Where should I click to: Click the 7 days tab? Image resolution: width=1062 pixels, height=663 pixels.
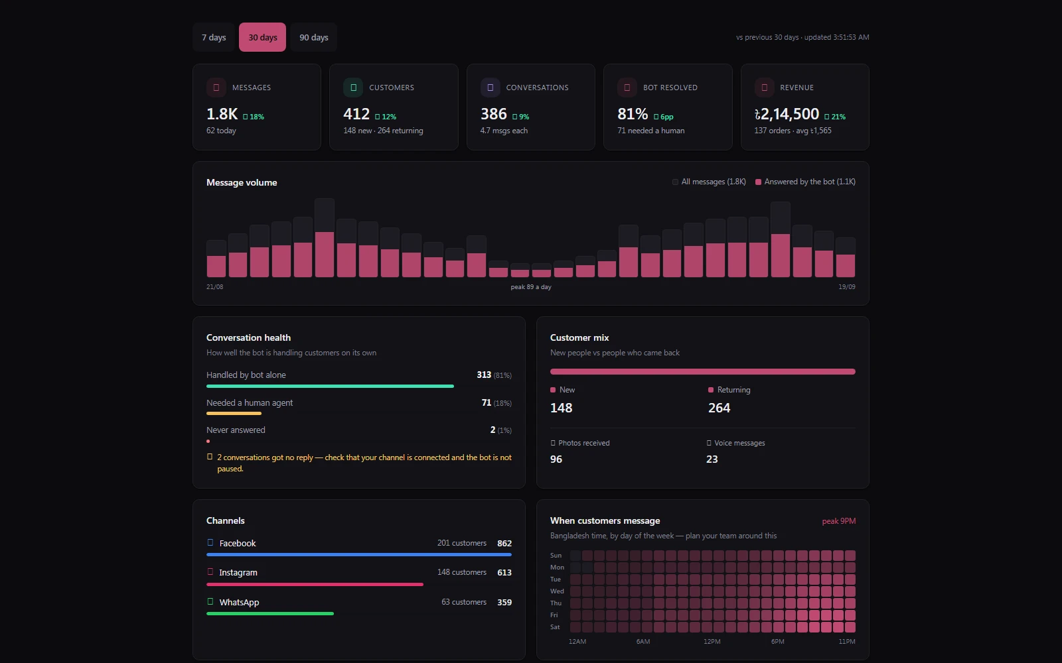[x=213, y=37]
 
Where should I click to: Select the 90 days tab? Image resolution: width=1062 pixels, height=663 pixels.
[x=313, y=37]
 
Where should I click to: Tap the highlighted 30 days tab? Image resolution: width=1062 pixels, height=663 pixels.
[x=263, y=37]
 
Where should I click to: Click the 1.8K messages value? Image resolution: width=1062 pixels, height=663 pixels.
[x=222, y=113]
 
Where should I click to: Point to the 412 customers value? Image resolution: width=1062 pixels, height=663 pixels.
[x=356, y=113]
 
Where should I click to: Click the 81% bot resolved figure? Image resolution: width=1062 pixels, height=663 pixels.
[x=633, y=113]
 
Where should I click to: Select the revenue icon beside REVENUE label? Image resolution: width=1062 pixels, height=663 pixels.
[x=764, y=87]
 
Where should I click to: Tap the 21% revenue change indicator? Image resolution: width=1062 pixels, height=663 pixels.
[x=835, y=117]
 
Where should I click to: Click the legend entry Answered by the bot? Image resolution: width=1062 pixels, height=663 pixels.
[x=805, y=182]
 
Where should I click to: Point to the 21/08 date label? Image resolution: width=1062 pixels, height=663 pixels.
[x=215, y=286]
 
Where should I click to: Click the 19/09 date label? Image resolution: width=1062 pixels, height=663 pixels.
[x=847, y=286]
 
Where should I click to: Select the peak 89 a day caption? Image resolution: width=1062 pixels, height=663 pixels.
[x=531, y=286]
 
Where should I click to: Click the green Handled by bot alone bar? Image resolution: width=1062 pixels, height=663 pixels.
[x=330, y=386]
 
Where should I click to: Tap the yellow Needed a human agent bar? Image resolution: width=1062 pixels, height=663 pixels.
[x=234, y=414]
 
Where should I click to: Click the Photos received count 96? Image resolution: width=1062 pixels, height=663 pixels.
[x=556, y=459]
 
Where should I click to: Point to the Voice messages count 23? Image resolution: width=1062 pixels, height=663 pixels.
[x=712, y=459]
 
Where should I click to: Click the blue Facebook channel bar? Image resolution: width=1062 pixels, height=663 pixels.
[x=359, y=554]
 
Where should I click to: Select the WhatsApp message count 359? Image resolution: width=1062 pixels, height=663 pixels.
[x=504, y=603]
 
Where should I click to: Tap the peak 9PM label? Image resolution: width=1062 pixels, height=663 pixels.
[x=839, y=521]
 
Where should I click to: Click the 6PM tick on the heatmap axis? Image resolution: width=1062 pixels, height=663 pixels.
[x=777, y=641]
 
